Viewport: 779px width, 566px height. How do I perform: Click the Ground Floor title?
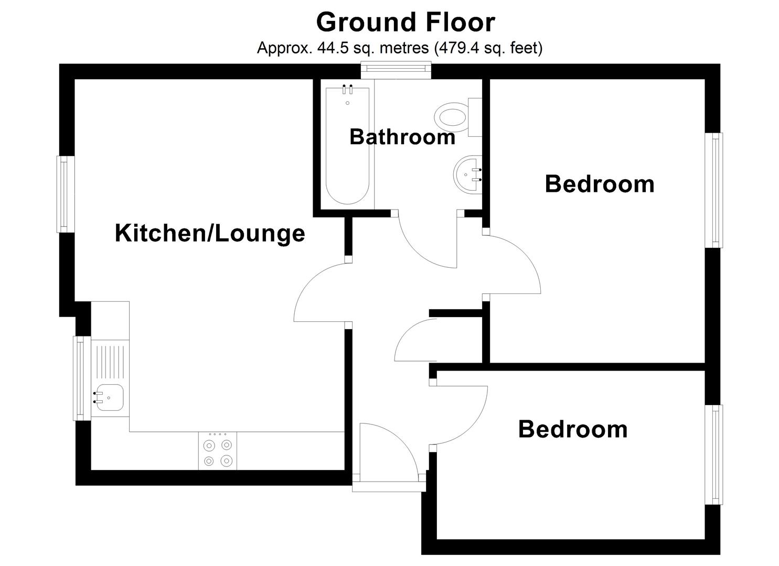pyautogui.click(x=405, y=22)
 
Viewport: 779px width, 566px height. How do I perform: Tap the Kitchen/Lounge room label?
pyautogui.click(x=210, y=233)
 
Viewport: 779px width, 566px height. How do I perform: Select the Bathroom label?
pyautogui.click(x=402, y=137)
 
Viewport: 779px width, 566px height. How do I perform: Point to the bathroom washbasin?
pyautogui.click(x=468, y=174)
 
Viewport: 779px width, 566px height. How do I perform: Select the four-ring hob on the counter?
pyautogui.click(x=218, y=451)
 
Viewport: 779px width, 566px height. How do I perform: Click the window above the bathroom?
pyautogui.click(x=396, y=70)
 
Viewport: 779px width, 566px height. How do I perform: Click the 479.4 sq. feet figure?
pyautogui.click(x=488, y=48)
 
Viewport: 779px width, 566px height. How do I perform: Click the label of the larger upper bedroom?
pyautogui.click(x=600, y=184)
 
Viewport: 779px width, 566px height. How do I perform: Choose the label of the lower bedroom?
pyautogui.click(x=573, y=429)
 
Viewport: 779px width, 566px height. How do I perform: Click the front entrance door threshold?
pyautogui.click(x=388, y=487)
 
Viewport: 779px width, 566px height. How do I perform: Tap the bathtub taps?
pyautogui.click(x=347, y=89)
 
